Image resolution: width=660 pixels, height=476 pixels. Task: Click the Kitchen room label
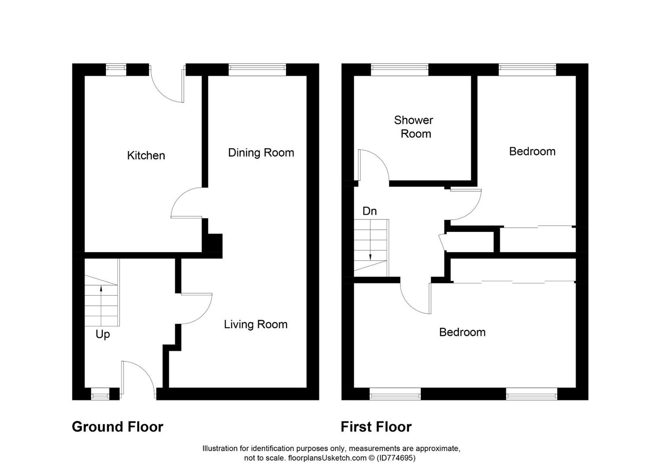point(146,156)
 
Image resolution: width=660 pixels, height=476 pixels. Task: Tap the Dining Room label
point(261,153)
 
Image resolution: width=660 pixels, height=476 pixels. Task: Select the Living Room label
point(255,325)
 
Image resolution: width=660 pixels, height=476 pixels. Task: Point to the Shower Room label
point(414,127)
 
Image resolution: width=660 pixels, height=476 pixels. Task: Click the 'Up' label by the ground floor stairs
point(103,335)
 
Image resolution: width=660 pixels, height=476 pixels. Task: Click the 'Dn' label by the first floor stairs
point(370,212)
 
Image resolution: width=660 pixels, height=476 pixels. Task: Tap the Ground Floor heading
point(117,427)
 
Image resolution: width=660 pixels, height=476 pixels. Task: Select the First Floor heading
point(376,427)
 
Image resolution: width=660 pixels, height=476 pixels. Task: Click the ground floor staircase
point(101,300)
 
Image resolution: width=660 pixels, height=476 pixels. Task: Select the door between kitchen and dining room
point(187,204)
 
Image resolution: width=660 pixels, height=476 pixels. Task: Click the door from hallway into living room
point(196,309)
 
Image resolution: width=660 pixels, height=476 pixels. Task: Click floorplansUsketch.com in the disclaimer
point(327,458)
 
